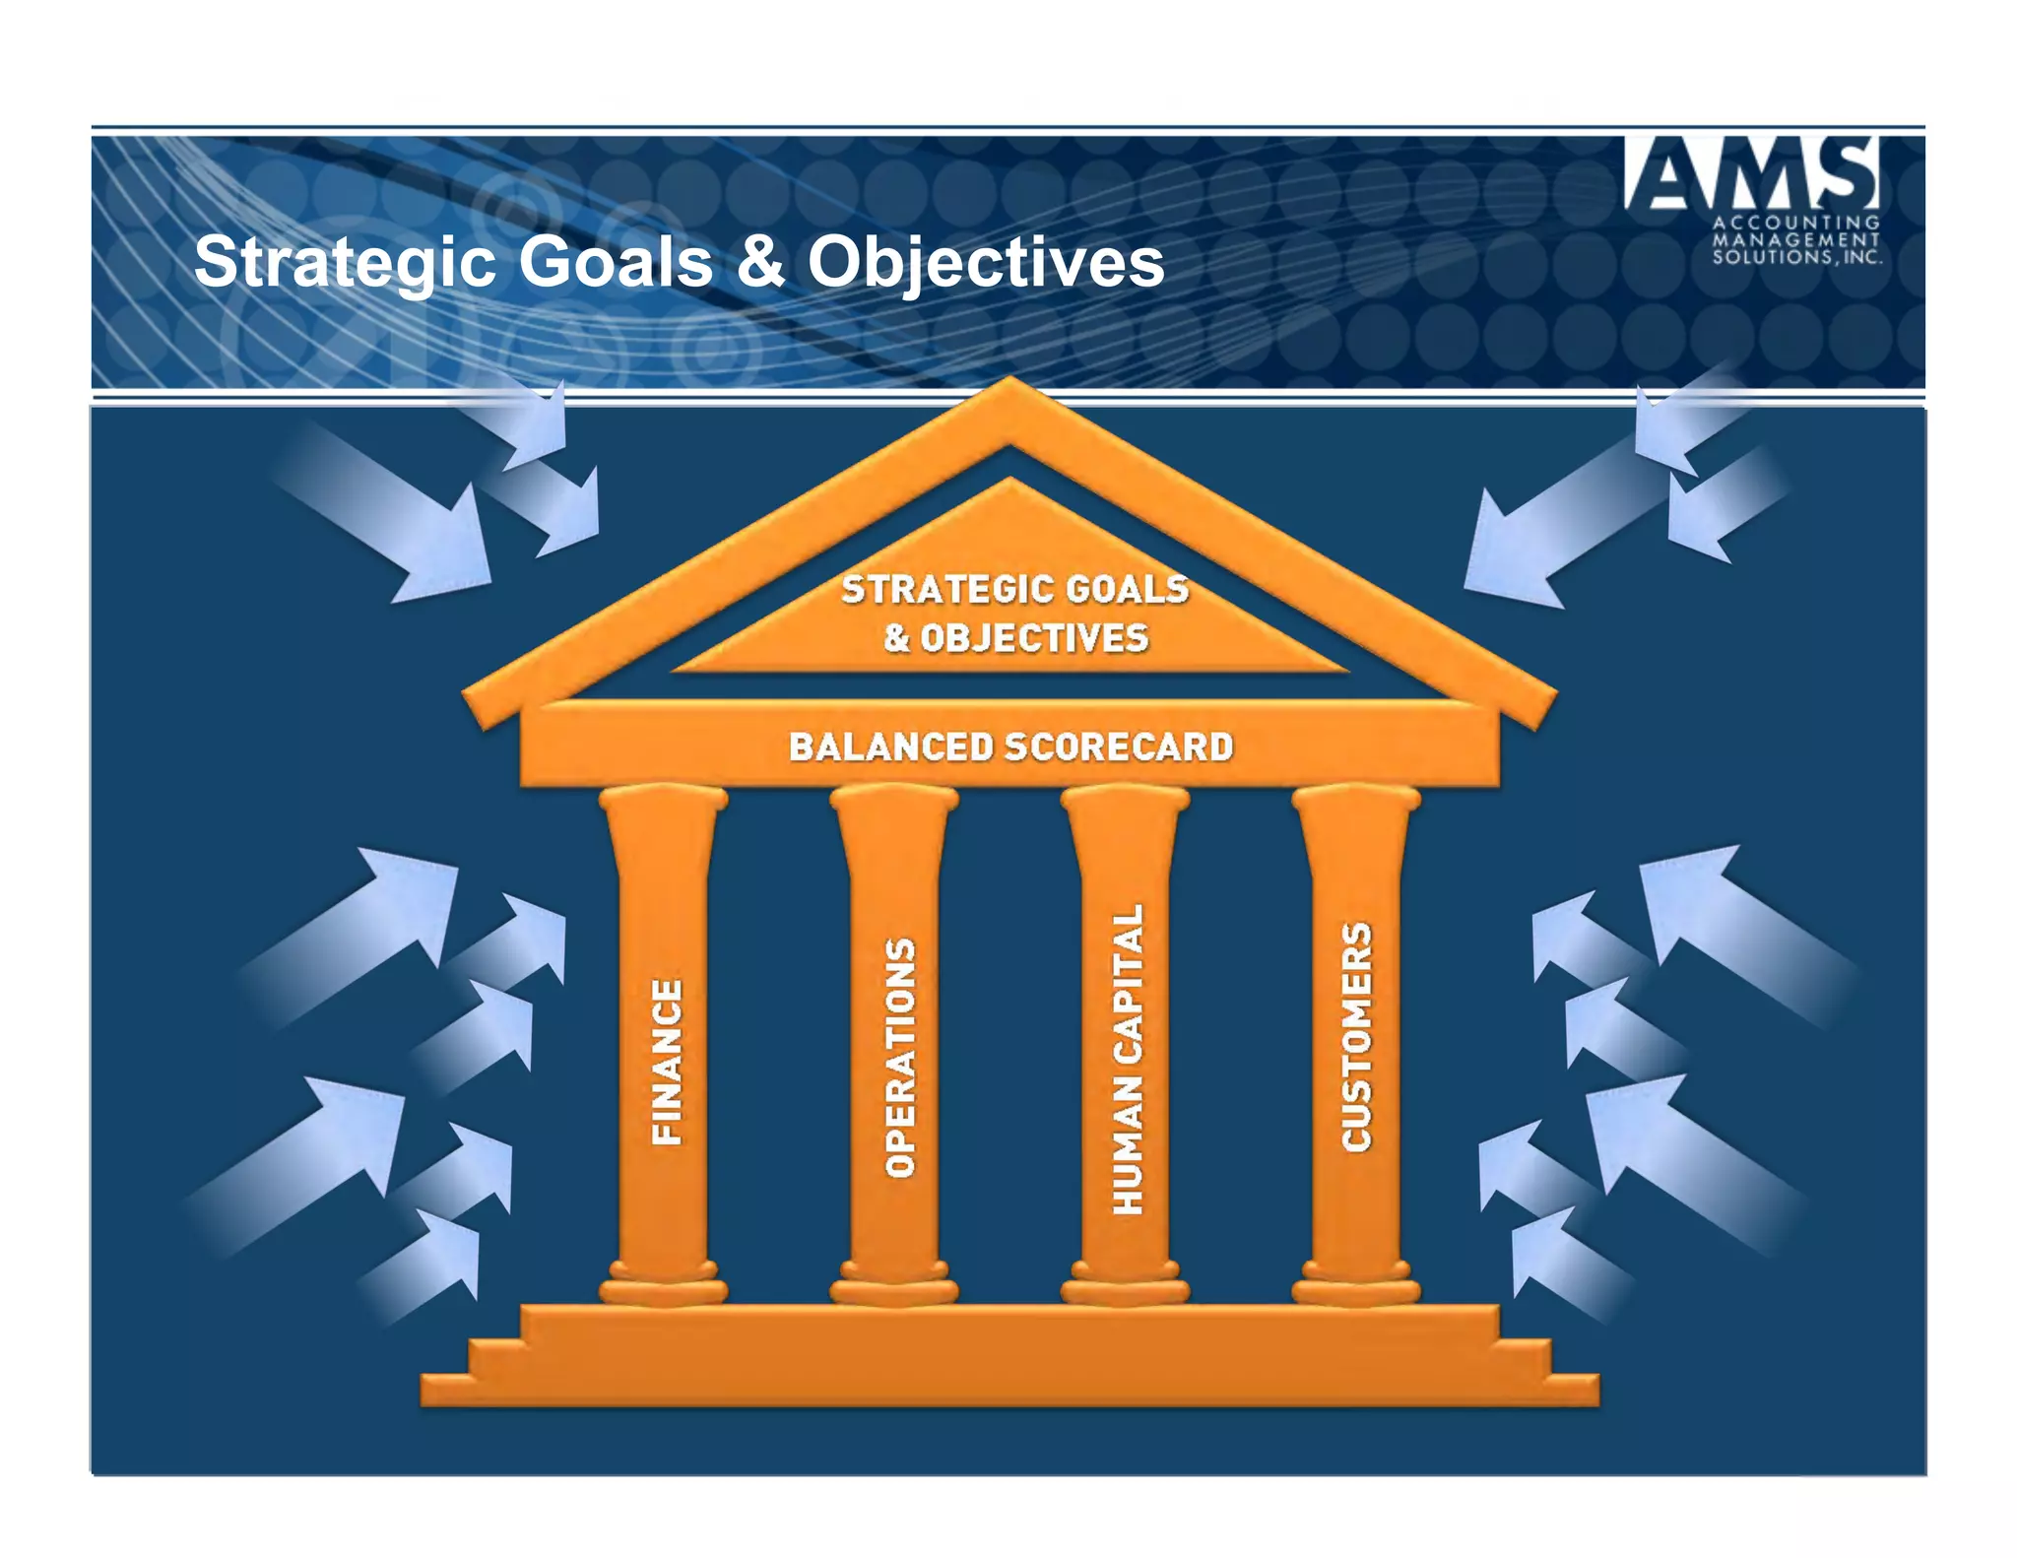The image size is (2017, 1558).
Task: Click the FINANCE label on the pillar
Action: (667, 1062)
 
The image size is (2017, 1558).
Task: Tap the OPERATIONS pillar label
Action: (899, 1058)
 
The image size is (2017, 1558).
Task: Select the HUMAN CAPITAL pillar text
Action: (1128, 1058)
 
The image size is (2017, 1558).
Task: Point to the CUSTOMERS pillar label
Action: (1357, 1036)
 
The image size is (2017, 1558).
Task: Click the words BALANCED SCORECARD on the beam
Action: (1010, 747)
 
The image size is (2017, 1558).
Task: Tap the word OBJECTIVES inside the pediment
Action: (1034, 638)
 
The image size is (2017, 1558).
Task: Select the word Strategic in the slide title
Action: (345, 263)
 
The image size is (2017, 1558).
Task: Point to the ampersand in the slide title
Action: (760, 263)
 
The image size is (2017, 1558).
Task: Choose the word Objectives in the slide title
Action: (986, 263)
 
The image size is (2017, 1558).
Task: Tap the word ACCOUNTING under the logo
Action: (1796, 223)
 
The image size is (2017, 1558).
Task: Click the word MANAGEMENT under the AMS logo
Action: (1796, 239)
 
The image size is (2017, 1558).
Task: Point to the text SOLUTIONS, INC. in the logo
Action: (1796, 257)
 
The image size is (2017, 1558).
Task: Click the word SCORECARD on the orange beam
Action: (1118, 747)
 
